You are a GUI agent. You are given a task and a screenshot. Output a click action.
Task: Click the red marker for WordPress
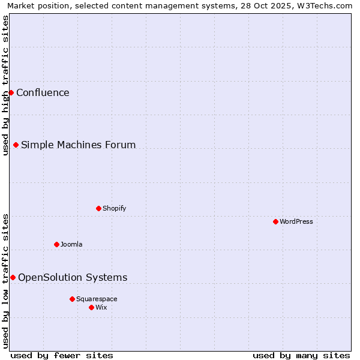[x=275, y=221]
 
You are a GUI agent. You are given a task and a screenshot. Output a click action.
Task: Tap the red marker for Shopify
[x=98, y=208]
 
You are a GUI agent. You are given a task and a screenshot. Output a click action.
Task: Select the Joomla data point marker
[x=56, y=244]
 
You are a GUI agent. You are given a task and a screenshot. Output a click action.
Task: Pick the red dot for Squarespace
[x=72, y=299]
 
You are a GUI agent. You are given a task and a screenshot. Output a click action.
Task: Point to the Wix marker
[x=91, y=307]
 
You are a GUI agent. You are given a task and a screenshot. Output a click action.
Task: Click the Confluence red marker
[x=11, y=92]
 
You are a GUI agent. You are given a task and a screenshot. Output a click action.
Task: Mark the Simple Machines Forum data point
[x=16, y=145]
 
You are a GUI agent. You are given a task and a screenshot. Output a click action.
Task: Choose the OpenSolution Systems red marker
[x=13, y=277]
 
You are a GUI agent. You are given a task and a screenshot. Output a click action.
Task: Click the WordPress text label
[x=296, y=221]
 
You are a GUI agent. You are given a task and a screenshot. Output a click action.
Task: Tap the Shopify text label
[x=114, y=208]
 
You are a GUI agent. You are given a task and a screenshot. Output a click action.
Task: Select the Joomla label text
[x=71, y=244]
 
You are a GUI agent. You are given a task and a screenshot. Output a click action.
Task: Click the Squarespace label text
[x=97, y=299]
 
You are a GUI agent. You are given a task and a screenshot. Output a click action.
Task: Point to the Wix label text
[x=101, y=307]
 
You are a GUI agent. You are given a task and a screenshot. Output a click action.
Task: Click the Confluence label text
[x=43, y=92]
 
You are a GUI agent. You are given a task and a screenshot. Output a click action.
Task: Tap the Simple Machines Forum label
[x=78, y=145]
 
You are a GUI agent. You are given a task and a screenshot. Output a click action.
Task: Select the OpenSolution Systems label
[x=73, y=277]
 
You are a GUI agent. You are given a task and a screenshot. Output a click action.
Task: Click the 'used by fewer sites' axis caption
[x=62, y=355]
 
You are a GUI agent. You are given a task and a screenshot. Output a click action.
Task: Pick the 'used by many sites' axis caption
[x=301, y=355]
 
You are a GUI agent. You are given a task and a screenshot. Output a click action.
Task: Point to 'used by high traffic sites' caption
[x=6, y=85]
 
